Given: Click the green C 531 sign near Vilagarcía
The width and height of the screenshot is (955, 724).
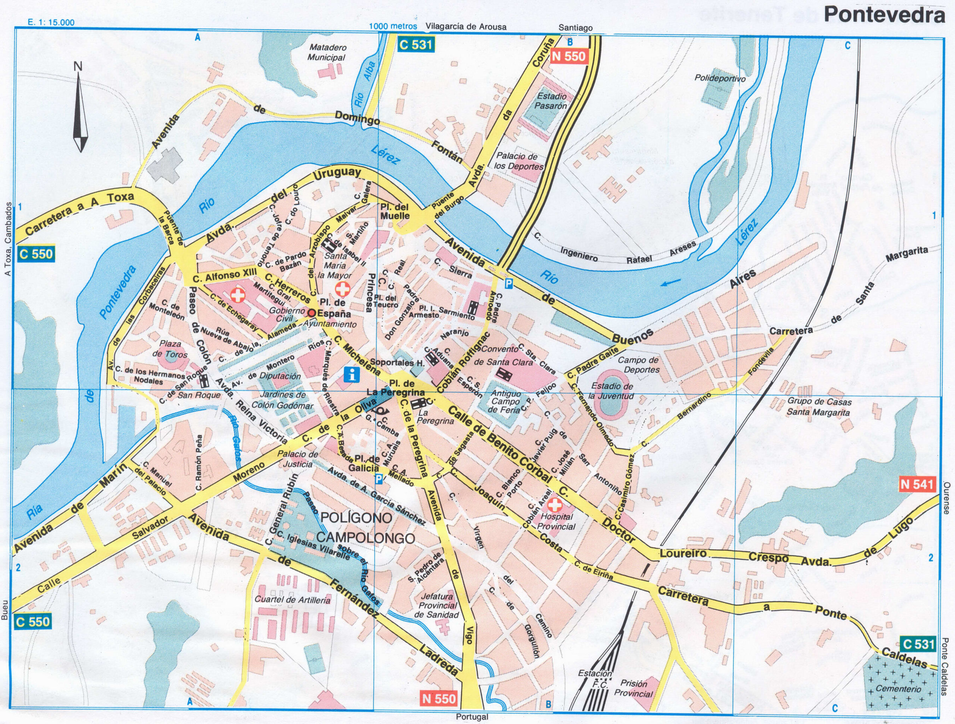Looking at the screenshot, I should [x=415, y=44].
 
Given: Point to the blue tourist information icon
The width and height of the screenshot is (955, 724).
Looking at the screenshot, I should [x=353, y=375].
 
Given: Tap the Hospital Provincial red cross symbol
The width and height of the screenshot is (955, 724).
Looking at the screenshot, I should [x=555, y=504].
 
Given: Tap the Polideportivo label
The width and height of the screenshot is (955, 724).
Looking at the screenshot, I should [x=720, y=79].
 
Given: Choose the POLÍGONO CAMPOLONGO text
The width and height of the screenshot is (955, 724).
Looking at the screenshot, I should [x=366, y=528].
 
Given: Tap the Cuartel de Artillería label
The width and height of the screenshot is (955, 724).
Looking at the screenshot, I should [x=293, y=600].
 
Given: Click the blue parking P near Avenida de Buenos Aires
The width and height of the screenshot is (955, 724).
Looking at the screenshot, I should [x=510, y=283].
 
